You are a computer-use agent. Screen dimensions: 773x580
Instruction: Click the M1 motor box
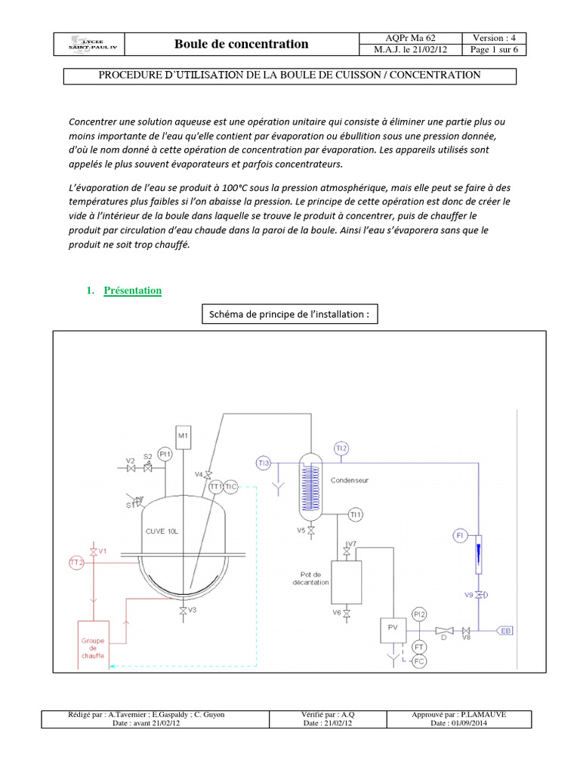tap(184, 436)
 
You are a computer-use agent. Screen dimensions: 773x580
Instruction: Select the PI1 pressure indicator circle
tap(166, 454)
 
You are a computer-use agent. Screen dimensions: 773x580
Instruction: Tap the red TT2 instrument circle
tap(76, 562)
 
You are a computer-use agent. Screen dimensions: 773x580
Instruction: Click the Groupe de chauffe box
tap(94, 642)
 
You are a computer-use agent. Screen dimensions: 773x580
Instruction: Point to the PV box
tap(393, 628)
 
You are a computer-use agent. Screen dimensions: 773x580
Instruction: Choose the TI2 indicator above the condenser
tap(341, 448)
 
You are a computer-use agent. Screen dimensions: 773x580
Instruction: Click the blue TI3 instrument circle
tap(263, 463)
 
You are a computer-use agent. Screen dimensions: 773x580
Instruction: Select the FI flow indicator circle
tap(460, 535)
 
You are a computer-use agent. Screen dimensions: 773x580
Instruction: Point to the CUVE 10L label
tap(162, 531)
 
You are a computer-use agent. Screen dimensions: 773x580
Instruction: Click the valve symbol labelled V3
tap(183, 610)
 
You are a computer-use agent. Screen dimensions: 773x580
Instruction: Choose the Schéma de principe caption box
tap(290, 314)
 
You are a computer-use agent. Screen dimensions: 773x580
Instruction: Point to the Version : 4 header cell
tap(493, 38)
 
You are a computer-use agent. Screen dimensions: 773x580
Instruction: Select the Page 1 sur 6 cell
tap(493, 50)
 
